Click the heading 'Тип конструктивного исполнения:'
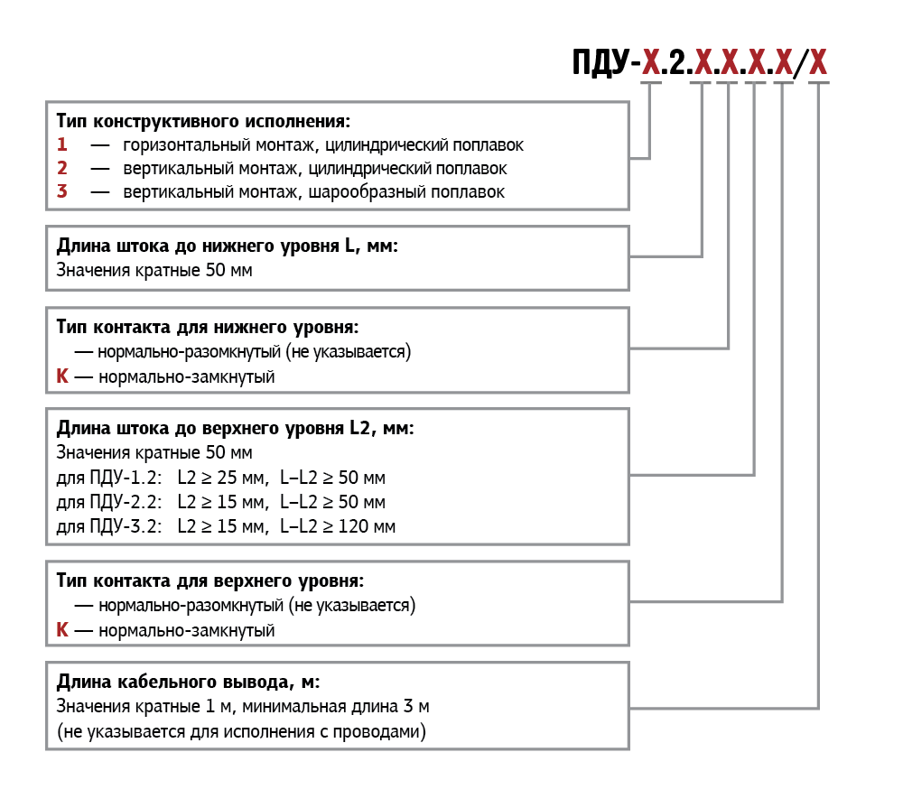point(202,121)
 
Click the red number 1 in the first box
point(61,144)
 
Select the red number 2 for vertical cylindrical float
point(61,168)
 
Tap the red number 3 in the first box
point(61,191)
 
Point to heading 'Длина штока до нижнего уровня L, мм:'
point(227,246)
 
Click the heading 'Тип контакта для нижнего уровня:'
point(208,327)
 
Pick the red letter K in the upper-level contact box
point(61,630)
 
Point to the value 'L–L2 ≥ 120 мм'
point(338,526)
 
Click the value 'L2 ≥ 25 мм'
point(222,478)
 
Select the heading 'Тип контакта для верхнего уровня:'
point(210,580)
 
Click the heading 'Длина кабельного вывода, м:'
point(188,681)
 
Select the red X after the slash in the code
point(817,62)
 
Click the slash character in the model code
point(797,63)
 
